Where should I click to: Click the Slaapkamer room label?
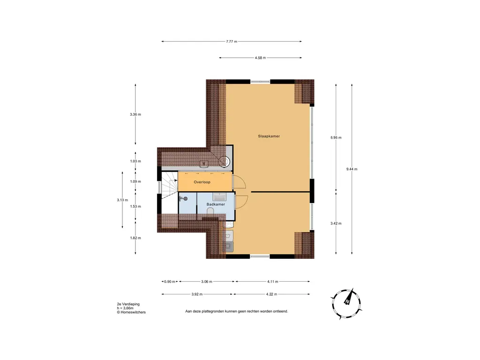[269, 136]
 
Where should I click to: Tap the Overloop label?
[202, 181]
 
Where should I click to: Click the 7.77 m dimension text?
[232, 42]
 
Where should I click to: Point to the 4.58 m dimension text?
[260, 58]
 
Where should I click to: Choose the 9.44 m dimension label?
[352, 169]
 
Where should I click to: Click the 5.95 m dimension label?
[336, 137]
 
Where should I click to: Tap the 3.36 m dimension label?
[135, 114]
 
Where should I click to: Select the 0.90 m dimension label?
[170, 282]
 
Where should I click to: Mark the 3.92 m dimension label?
[197, 294]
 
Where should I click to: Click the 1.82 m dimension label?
[135, 238]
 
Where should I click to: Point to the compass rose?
[347, 301]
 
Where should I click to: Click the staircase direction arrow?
[175, 180]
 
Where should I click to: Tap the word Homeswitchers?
[133, 312]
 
